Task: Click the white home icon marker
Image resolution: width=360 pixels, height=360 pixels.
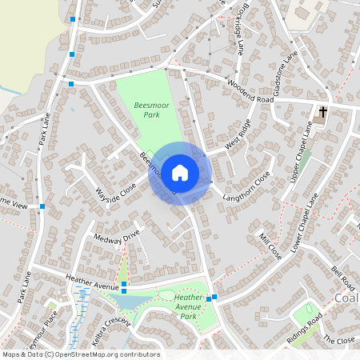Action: click(180, 172)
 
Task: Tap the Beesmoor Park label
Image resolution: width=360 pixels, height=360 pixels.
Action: click(147, 110)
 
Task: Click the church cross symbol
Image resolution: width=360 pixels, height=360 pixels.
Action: click(324, 112)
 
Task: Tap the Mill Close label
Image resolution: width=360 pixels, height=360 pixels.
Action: click(270, 247)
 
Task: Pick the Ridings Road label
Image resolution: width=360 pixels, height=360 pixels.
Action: click(306, 329)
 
